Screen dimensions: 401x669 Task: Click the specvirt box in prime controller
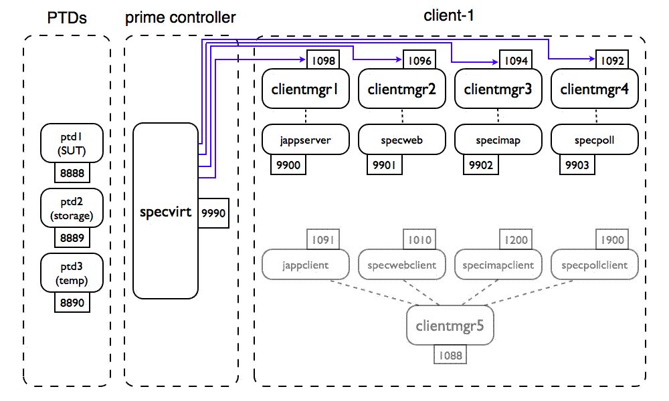coord(165,211)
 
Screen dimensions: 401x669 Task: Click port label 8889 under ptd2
coord(72,237)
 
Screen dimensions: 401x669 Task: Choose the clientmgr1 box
coord(305,88)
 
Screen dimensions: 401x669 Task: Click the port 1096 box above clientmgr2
coord(419,61)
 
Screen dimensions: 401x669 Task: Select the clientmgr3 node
coord(498,88)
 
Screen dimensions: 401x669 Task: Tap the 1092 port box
coord(612,61)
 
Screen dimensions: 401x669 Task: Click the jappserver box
coord(305,141)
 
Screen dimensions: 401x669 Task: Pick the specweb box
coord(401,141)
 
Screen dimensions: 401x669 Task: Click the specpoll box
coord(594,141)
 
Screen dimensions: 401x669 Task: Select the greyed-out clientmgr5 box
coord(450,326)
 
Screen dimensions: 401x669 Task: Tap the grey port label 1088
coord(452,355)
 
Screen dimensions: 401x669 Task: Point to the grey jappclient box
coord(306,265)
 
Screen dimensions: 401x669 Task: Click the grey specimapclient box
coord(498,265)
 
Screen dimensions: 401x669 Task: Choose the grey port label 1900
coord(611,240)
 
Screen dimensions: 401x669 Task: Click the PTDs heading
coord(67,17)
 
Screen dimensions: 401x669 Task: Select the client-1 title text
coord(449,15)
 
